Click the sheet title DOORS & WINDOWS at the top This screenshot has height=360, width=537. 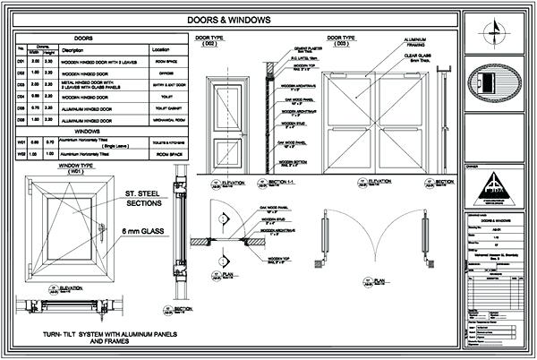pos(236,19)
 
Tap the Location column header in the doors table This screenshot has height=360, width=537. pos(161,49)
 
